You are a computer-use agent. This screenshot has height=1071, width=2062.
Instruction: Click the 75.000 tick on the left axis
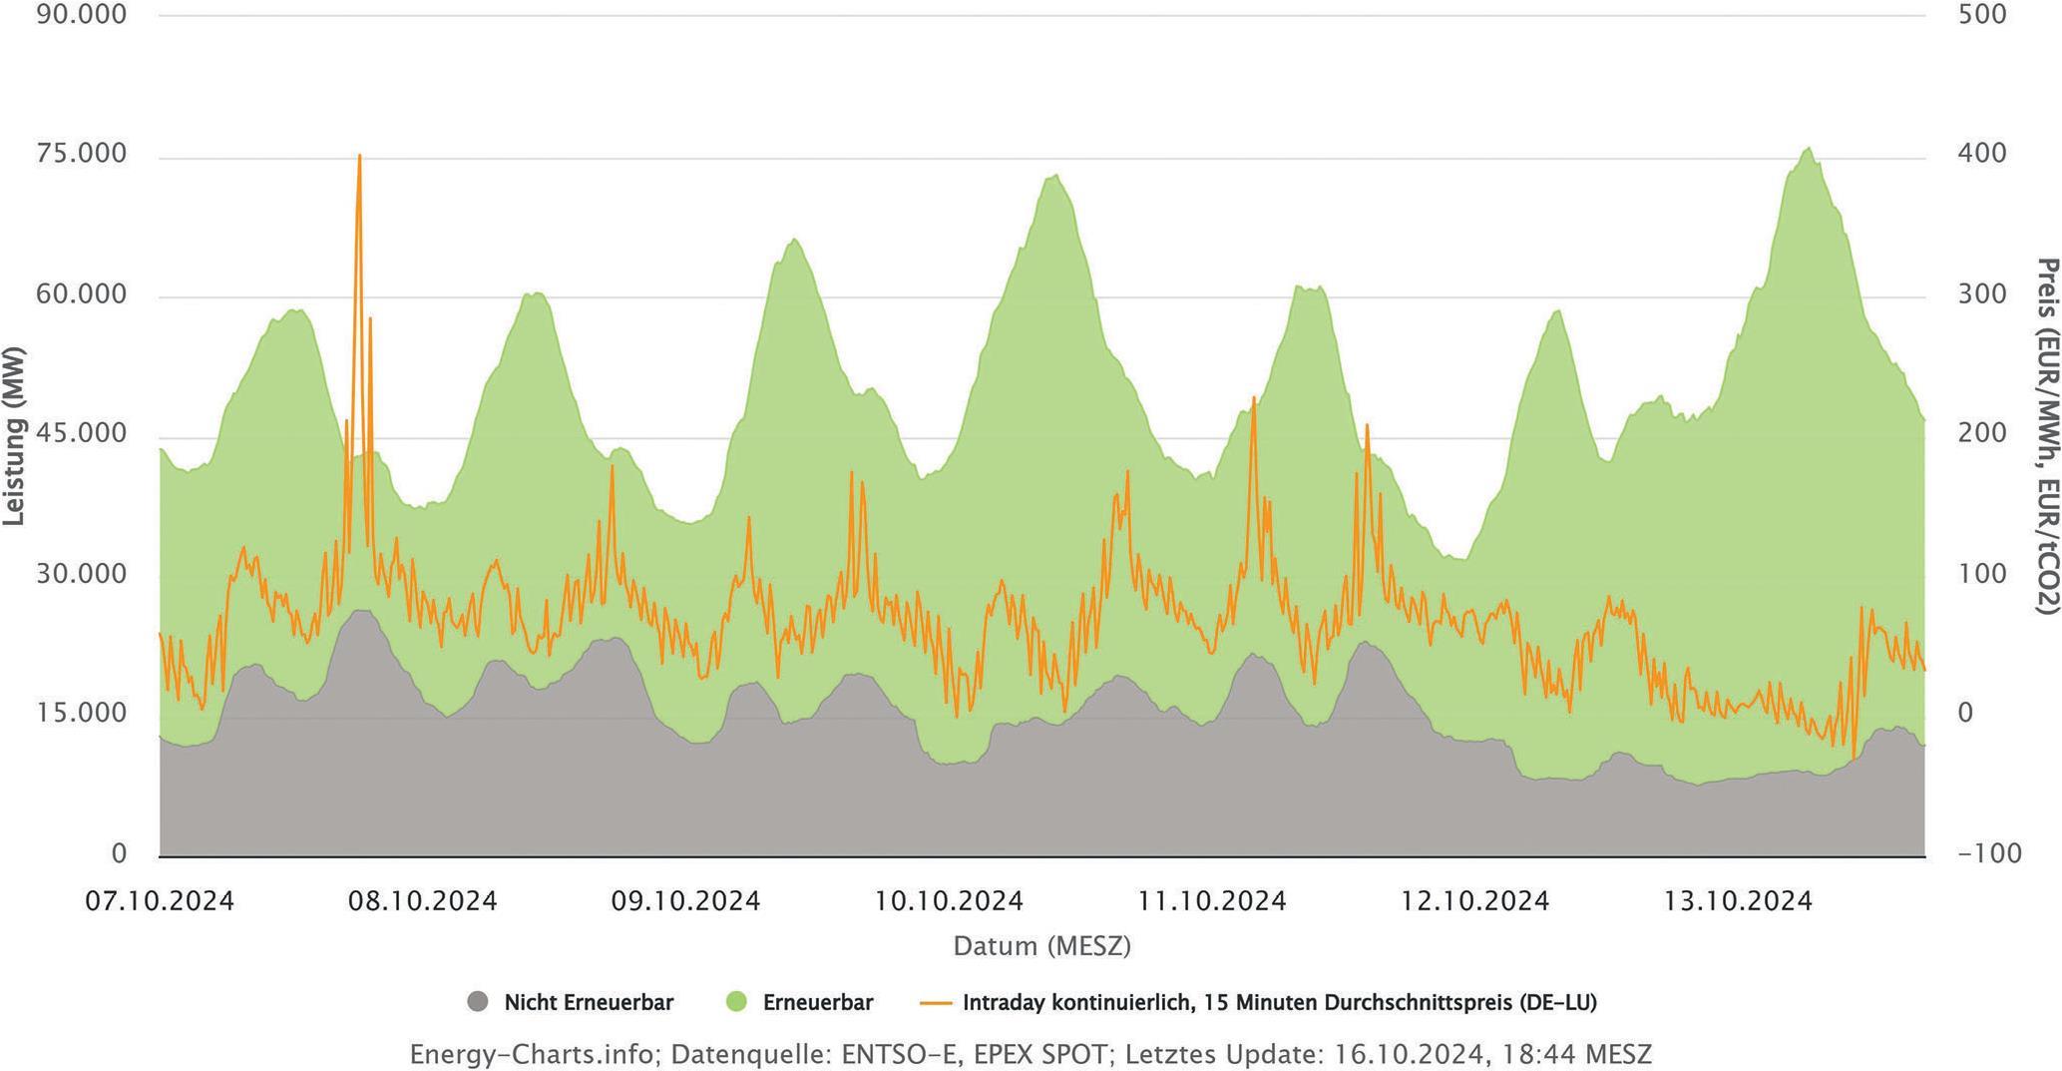click(x=82, y=155)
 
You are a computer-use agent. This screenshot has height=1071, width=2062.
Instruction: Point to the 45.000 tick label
click(x=82, y=434)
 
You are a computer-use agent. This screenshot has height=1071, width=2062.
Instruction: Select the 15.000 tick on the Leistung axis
click(x=82, y=714)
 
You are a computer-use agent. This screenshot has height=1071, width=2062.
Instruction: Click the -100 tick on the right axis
click(x=1989, y=854)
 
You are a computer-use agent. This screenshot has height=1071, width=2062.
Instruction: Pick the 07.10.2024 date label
click(x=160, y=901)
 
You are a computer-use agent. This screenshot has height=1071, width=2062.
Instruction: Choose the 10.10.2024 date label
click(x=949, y=901)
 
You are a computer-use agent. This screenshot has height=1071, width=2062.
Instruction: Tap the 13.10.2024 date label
click(x=1738, y=901)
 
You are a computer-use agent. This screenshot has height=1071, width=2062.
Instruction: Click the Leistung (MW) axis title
click(x=14, y=436)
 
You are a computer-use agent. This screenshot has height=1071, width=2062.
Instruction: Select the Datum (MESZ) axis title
click(x=1041, y=946)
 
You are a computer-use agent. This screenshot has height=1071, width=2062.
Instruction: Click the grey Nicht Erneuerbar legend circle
click(x=479, y=1002)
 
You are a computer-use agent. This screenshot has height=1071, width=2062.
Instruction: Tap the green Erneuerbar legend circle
click(x=737, y=1002)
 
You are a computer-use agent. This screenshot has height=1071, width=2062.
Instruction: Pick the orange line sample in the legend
click(x=936, y=1002)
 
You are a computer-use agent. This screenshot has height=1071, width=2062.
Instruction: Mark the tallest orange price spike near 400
click(x=359, y=157)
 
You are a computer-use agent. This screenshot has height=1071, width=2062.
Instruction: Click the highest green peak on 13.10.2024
click(x=1809, y=149)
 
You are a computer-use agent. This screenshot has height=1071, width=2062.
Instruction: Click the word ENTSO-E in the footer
click(x=902, y=1055)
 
